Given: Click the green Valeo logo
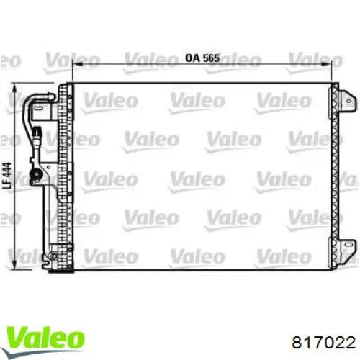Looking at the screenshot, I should coord(45,336).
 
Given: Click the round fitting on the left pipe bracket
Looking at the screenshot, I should coord(36,172).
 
